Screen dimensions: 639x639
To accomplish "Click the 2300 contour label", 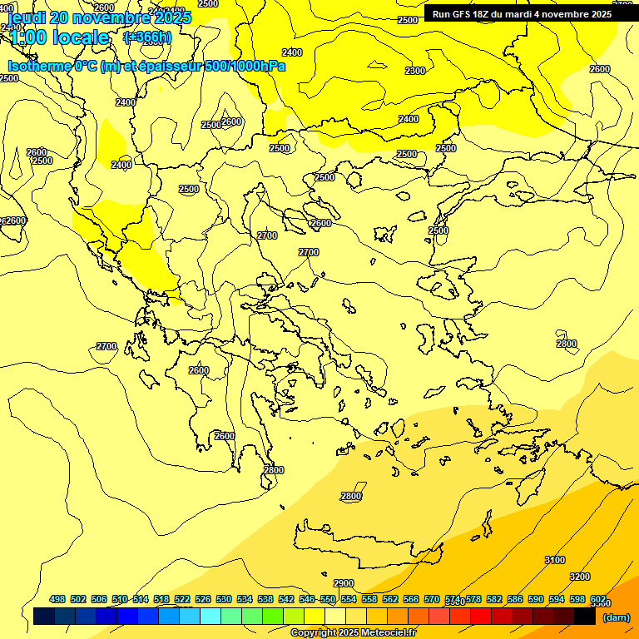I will coord(415,71).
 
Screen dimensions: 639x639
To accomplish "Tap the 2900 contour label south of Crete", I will coord(344,583).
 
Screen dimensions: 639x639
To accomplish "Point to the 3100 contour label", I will coord(555,560).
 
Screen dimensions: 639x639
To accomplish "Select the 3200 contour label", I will coord(580,577).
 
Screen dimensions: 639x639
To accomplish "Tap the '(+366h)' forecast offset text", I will coord(147,37).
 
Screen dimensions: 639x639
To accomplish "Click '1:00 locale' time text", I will coord(60,37).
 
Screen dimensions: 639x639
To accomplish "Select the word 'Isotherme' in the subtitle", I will coord(39,66).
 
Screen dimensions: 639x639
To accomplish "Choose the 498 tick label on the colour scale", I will coord(57,599).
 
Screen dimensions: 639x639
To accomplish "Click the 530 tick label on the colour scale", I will coord(224,599).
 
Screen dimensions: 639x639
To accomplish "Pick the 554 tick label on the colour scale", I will coord(349,599).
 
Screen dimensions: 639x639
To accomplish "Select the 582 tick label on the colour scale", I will coord(494,599).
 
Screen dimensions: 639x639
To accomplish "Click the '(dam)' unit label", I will coord(617,617).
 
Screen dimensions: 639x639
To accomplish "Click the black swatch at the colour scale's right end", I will coord(584,617).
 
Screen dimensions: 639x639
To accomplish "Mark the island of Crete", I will coord(366,539).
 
